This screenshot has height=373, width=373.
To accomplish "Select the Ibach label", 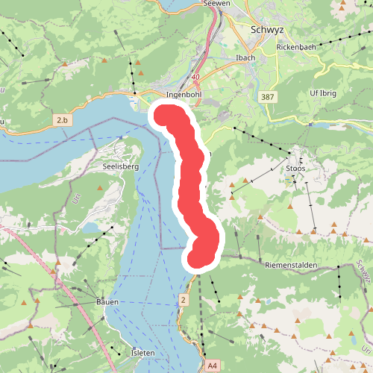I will [245, 57].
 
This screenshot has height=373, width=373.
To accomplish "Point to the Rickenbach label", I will [297, 46].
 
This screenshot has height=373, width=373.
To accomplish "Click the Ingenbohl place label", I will [184, 95].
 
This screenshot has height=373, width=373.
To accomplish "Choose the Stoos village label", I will [296, 169].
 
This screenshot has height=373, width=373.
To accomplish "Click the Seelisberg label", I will [121, 167].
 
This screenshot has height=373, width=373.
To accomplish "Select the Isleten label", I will [142, 352].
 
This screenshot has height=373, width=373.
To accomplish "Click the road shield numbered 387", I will [269, 98].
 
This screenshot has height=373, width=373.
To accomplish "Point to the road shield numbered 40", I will [195, 77].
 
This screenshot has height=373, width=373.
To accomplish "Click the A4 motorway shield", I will [213, 366].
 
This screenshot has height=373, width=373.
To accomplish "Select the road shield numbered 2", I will [183, 300].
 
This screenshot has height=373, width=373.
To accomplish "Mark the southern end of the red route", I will [198, 257].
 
